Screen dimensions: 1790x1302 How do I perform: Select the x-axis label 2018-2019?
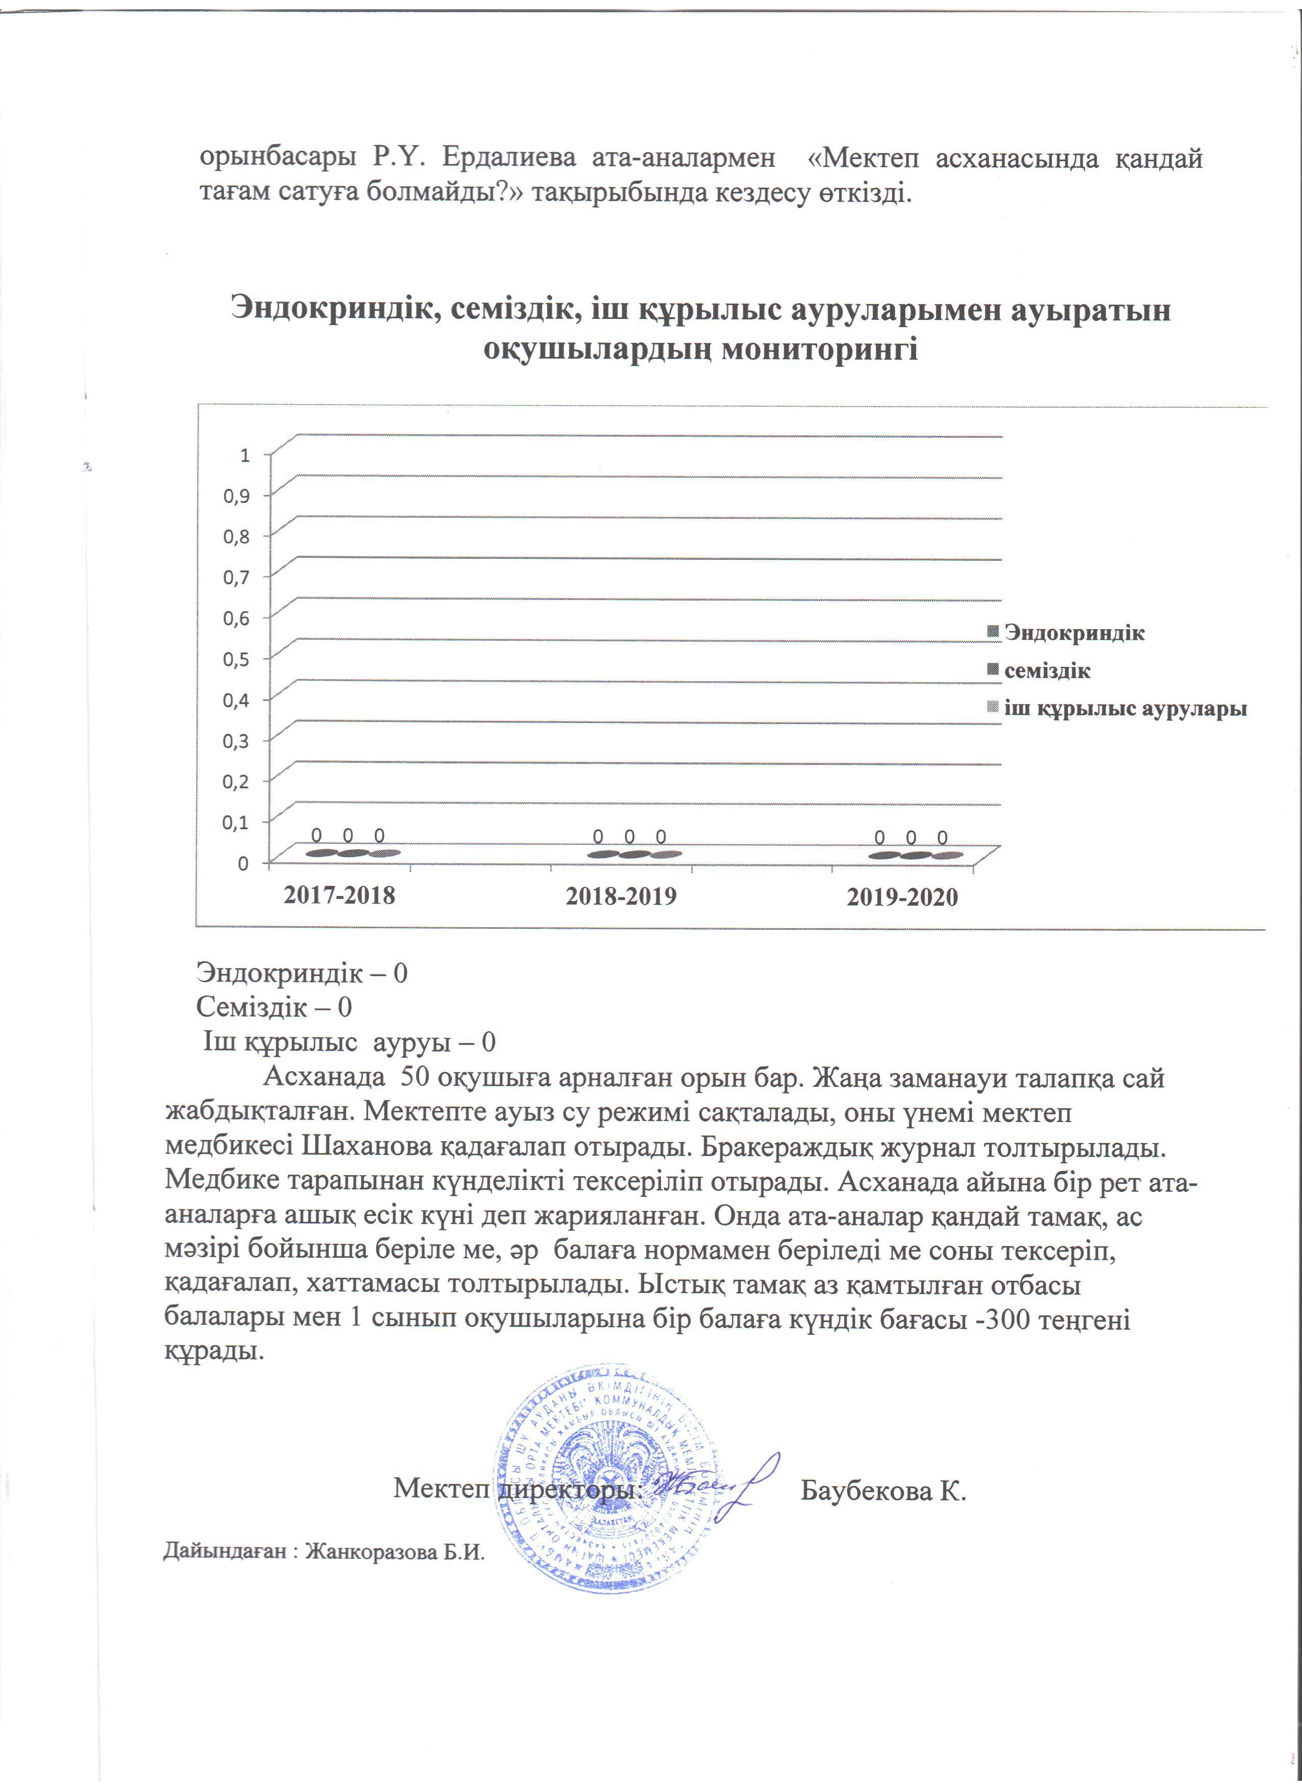620,896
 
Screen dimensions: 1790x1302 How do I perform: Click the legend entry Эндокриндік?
1074,632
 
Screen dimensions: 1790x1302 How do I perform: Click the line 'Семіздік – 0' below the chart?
274,1007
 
